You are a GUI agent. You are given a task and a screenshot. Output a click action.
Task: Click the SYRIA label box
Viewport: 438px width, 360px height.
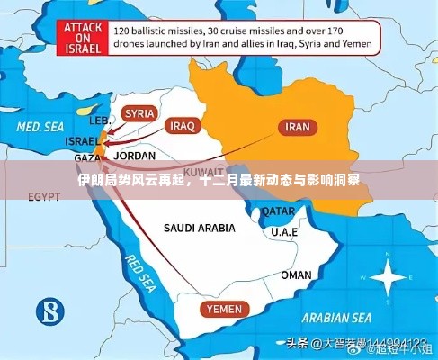click(x=139, y=113)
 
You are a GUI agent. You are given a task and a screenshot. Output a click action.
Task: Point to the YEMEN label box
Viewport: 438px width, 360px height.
click(x=223, y=309)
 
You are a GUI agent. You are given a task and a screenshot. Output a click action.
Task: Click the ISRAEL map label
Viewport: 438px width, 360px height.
click(x=82, y=141)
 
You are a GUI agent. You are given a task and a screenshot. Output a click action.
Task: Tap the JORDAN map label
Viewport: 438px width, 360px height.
click(x=137, y=154)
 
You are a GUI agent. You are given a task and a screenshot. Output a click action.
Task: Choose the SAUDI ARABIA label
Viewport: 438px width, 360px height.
click(x=199, y=228)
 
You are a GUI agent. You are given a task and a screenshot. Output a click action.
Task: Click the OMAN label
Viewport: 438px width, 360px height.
click(x=296, y=274)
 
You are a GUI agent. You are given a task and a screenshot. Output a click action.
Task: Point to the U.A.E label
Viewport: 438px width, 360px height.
click(x=285, y=232)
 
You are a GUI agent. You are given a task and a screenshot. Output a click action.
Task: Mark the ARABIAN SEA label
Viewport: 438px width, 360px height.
click(x=337, y=318)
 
